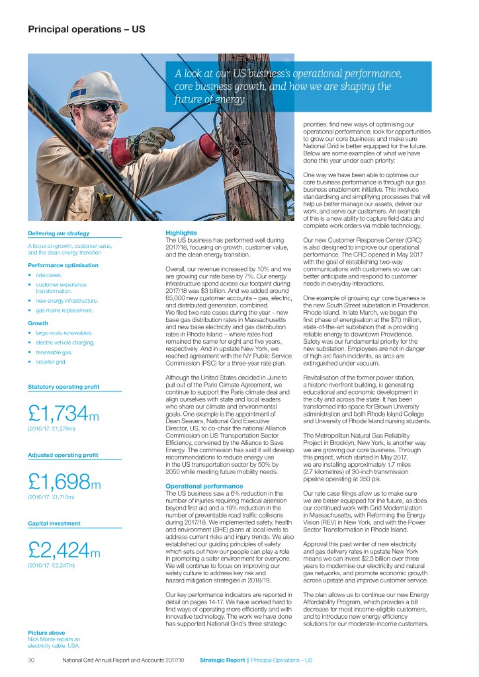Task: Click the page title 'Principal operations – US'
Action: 86,30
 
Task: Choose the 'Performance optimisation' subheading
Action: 63,265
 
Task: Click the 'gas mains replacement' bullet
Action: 64,310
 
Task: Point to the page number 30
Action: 31,660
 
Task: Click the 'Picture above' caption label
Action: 46,632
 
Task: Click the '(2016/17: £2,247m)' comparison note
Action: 52,565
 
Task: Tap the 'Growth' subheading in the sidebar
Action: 38,324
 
